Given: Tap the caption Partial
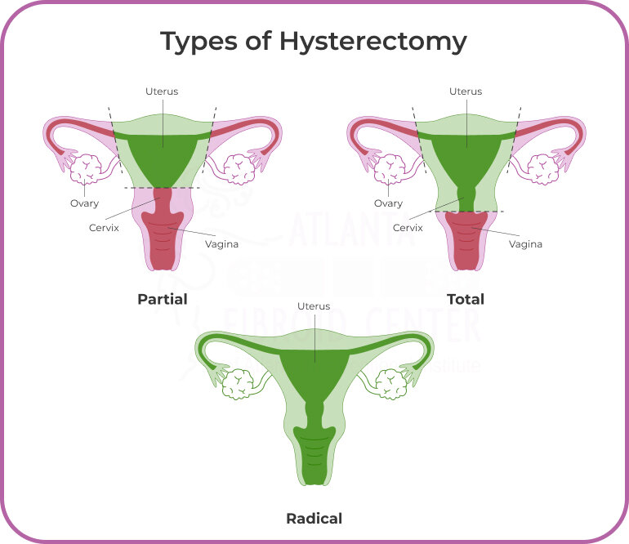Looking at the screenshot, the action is (x=162, y=299).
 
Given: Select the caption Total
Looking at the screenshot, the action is (x=466, y=299).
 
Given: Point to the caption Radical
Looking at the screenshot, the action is (x=314, y=518).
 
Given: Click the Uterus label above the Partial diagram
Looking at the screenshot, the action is (x=162, y=91).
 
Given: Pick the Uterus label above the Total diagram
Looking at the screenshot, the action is (x=466, y=91).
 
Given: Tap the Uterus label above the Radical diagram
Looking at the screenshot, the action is (x=314, y=306).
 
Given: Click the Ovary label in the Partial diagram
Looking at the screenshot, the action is (x=84, y=203).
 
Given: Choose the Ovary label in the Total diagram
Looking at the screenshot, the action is (x=388, y=203).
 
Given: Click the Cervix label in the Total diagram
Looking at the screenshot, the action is (x=408, y=228).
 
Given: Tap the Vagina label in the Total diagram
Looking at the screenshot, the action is (x=525, y=243).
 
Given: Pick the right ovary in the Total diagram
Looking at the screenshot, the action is (x=542, y=168).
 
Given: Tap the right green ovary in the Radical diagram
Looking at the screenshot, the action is (x=390, y=381).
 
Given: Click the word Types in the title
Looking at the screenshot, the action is (x=194, y=41).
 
